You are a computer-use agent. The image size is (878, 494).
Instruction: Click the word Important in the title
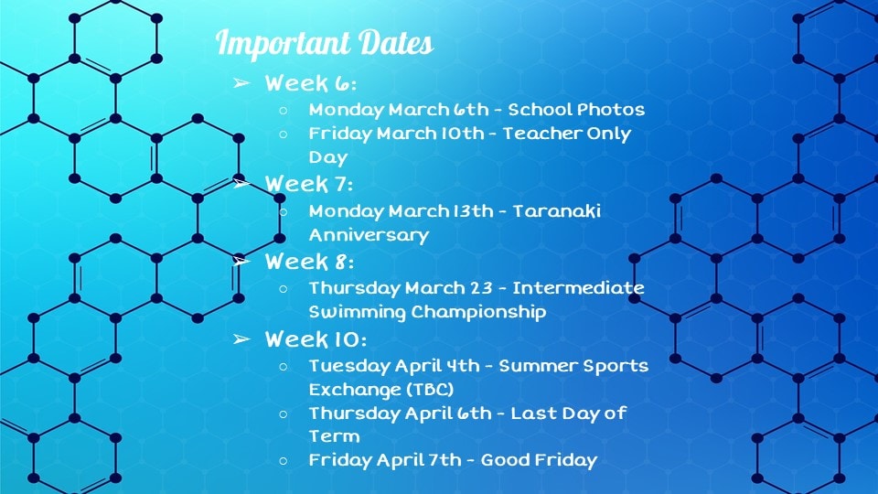(283, 43)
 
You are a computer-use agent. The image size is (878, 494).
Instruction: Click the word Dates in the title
(396, 43)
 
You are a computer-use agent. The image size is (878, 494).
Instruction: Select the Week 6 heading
(311, 83)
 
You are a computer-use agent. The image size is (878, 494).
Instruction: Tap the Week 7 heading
(309, 184)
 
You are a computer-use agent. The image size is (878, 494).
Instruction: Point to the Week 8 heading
(310, 262)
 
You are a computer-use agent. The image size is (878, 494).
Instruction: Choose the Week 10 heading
(316, 339)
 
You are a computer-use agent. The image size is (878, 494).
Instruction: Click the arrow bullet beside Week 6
(241, 83)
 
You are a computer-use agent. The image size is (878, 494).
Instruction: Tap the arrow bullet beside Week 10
(241, 338)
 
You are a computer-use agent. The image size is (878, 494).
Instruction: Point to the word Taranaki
(557, 210)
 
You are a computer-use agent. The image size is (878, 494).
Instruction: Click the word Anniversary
(369, 235)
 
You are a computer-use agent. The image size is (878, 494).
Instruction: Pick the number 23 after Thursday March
(481, 288)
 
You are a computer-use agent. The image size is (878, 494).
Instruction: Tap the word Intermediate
(578, 288)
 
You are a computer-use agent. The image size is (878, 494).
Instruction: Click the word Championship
(478, 312)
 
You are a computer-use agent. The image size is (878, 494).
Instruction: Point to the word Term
(335, 436)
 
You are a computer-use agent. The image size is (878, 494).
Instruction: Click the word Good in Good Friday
(505, 460)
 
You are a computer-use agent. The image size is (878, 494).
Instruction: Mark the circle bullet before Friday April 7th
(284, 460)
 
